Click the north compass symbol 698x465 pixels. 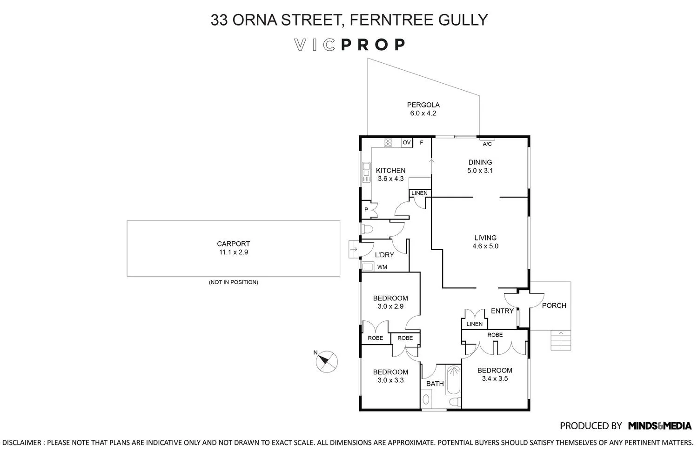tap(327, 361)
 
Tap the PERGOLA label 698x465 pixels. tap(423, 105)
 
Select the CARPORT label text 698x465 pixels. tap(233, 244)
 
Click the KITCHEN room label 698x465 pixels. tap(390, 171)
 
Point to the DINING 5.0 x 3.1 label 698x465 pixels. tap(480, 166)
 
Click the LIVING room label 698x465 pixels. tap(485, 238)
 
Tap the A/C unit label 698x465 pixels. tap(487, 144)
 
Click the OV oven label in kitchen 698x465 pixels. tap(407, 143)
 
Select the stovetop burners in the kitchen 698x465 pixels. tap(389, 143)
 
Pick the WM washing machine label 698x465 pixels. tap(382, 267)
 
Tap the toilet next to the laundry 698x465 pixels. tap(367, 229)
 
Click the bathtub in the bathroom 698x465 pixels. tap(453, 379)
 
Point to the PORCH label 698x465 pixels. tap(554, 306)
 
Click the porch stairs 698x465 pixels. tap(561, 340)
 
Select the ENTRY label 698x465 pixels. tap(502, 311)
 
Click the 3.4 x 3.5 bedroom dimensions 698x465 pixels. tap(495, 379)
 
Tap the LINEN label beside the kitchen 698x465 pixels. tap(419, 193)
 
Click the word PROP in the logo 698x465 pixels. tap(373, 45)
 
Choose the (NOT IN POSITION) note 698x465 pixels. tap(233, 282)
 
